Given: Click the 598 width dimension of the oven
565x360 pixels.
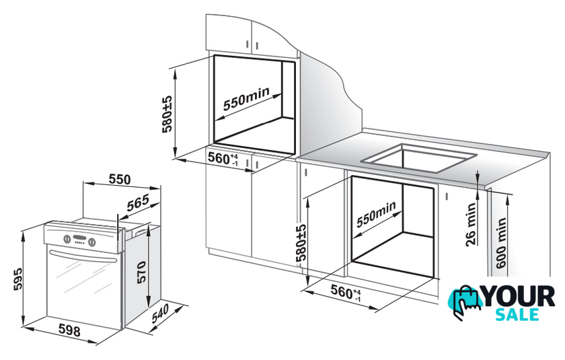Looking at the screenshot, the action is [69, 330].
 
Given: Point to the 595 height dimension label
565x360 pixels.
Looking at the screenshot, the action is [17, 279].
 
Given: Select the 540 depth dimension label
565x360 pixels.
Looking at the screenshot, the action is [160, 314].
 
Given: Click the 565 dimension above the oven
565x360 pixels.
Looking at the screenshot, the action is [138, 203].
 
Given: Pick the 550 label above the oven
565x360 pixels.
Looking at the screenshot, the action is [120, 179].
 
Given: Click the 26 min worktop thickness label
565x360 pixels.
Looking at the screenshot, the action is [471, 224].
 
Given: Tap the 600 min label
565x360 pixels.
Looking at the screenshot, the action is [501, 243].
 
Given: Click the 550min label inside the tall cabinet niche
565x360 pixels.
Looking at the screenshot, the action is [246, 99].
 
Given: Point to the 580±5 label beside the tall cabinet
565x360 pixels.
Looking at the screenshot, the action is [167, 114].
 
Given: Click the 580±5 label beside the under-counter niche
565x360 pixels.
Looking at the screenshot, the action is [301, 242].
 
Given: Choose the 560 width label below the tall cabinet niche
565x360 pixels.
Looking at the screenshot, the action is [223, 159].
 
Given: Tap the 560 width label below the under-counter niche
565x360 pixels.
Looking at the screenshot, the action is [346, 292].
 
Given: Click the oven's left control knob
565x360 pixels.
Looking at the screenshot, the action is [67, 239].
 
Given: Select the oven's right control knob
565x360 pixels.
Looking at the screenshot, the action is [92, 242].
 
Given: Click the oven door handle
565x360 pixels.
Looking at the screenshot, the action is [83, 256].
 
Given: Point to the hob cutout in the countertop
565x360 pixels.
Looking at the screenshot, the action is [418, 159].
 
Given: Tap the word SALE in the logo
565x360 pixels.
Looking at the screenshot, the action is [517, 314].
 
